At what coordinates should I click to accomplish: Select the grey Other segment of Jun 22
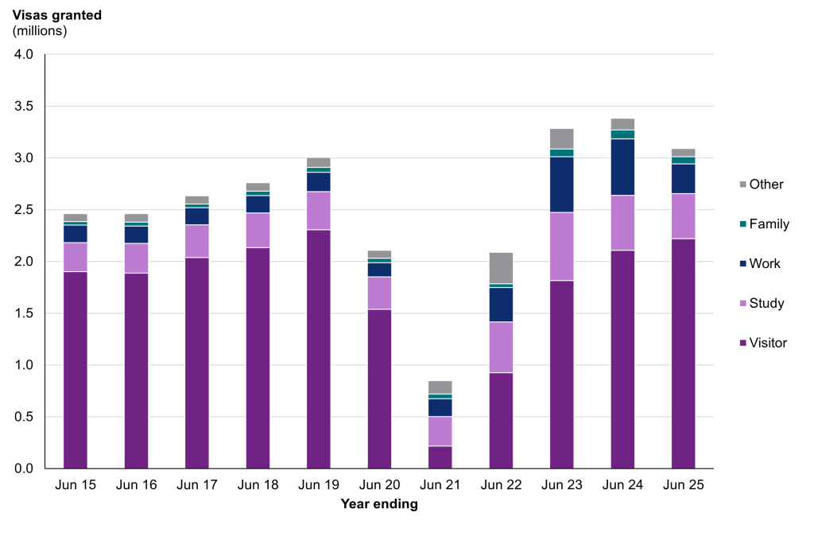(501, 267)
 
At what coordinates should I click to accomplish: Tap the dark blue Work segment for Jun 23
(561, 185)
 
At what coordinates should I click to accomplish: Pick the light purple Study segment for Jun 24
(622, 223)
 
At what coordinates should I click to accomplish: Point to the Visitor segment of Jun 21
(440, 457)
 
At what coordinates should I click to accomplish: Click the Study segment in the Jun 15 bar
(76, 257)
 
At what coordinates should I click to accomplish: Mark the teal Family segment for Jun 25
(683, 160)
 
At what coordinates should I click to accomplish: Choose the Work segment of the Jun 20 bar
(379, 270)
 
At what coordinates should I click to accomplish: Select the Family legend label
(769, 224)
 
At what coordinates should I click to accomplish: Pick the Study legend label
(766, 303)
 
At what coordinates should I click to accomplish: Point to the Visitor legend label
(768, 343)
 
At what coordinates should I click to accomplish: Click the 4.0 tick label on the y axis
(24, 55)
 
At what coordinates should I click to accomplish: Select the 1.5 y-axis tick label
(24, 313)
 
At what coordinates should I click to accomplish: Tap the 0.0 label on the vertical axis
(24, 468)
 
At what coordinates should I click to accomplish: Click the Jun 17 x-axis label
(197, 484)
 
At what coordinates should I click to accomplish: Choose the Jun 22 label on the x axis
(501, 484)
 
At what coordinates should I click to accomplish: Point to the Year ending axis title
(379, 503)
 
